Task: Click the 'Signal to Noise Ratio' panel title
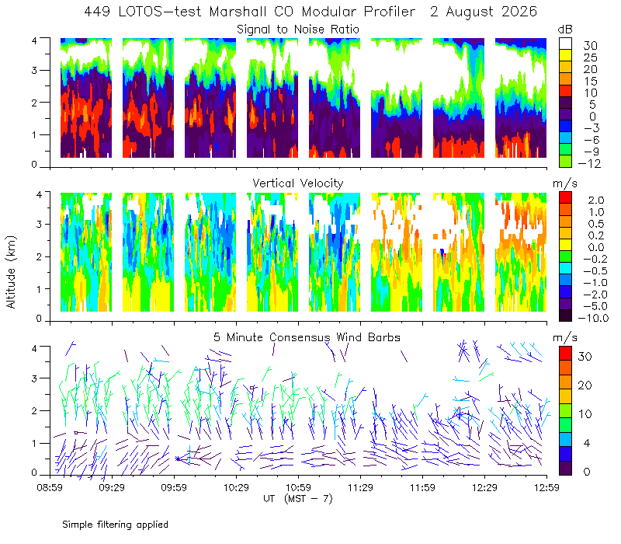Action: coord(298,30)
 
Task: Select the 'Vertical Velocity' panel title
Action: coord(298,183)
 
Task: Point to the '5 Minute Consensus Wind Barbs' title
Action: coord(307,337)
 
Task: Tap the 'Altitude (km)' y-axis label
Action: coord(11,272)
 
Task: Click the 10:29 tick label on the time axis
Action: coord(236,487)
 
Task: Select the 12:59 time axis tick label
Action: coord(546,487)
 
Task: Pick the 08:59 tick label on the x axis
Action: coord(50,487)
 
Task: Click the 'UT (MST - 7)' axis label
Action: coord(298,499)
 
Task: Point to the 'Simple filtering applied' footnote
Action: coord(115,525)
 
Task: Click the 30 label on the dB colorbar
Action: coord(590,46)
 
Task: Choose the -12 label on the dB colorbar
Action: coord(589,163)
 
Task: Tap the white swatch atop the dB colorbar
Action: coord(565,44)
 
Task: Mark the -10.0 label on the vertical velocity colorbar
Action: coord(593,318)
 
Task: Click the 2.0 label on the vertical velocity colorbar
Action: coord(596,200)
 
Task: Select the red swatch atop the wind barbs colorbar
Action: coord(565,354)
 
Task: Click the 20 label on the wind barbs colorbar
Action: coord(585,385)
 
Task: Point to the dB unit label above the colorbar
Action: coord(565,30)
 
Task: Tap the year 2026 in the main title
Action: coord(519,12)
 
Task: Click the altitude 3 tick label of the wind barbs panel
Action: coord(34,378)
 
